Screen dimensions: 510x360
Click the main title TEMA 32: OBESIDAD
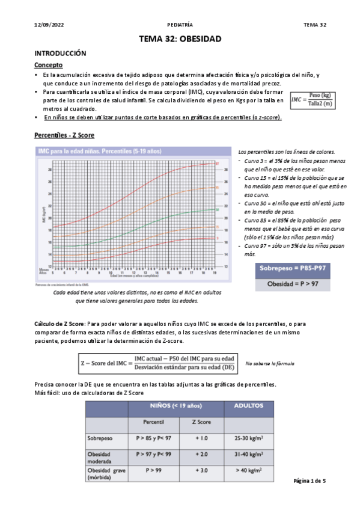pyautogui.click(x=180, y=39)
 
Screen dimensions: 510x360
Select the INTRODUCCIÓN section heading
pyautogui.click(x=61, y=54)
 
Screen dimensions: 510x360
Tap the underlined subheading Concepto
pyautogui.click(x=49, y=65)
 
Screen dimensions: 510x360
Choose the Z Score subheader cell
pyautogui.click(x=201, y=423)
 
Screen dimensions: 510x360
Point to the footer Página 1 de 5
pyautogui.click(x=309, y=482)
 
